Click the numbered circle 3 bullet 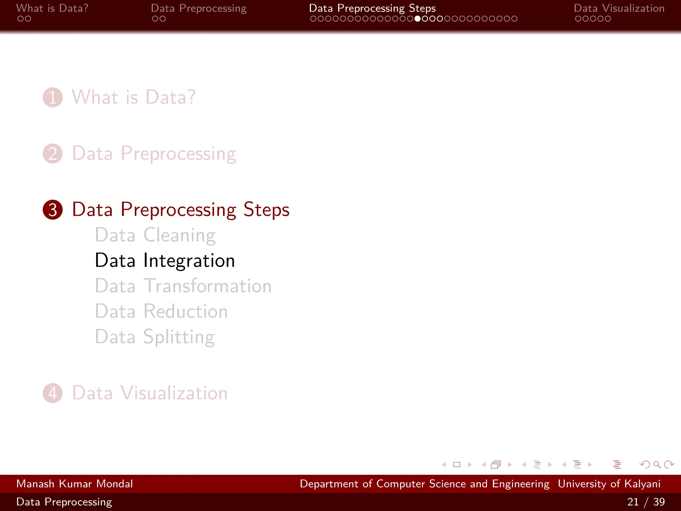coord(53,210)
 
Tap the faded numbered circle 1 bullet coord(53,97)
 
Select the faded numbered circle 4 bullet coord(53,393)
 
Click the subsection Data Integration coord(165,260)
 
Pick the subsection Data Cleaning coord(155,235)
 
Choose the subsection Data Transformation coord(183,286)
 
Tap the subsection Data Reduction coord(161,311)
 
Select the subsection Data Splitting coord(155,337)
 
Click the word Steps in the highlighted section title coord(266,210)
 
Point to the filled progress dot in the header coord(417,19)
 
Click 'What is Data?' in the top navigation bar coord(52,8)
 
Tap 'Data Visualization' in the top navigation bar coord(619,8)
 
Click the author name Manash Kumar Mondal coord(74,484)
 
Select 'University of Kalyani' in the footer coord(609,484)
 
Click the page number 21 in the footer coord(633,502)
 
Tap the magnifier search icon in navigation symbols coord(657,464)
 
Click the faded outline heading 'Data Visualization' coord(150,393)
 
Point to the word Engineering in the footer coord(521,484)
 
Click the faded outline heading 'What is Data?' coord(134,97)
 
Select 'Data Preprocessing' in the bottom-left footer coord(64,502)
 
